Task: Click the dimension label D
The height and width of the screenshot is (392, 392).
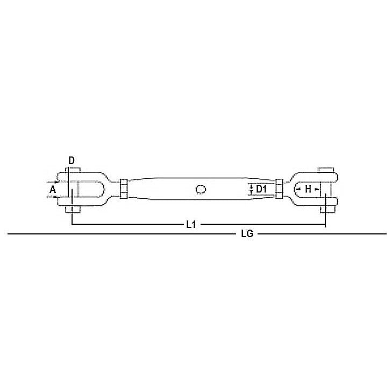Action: coord(72,160)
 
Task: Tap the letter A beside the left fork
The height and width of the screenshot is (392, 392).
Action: coord(53,190)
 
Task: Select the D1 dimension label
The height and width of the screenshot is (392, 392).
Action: coord(261,189)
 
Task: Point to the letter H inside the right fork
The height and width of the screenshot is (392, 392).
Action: coord(308,189)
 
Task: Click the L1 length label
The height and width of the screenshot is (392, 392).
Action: coord(191,225)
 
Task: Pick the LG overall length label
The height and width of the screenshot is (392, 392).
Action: coord(247,234)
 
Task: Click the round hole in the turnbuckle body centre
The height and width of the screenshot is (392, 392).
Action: coord(201,189)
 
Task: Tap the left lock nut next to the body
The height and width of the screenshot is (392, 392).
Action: coord(124,189)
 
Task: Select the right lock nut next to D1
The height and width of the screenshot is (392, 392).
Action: coord(279,189)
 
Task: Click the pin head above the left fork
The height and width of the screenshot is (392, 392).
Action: coord(74,170)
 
